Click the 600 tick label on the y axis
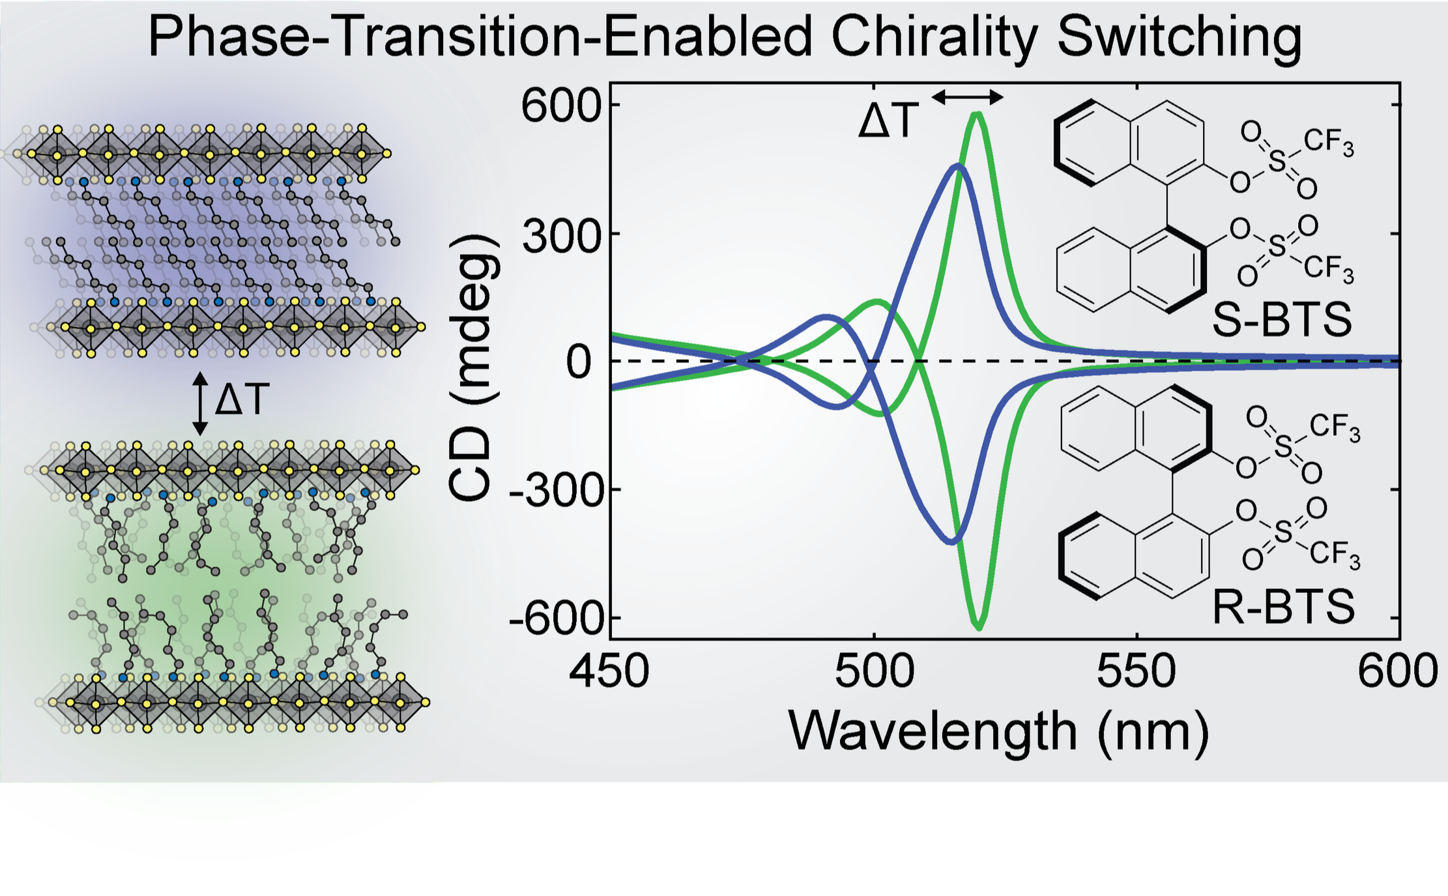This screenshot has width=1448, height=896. pyautogui.click(x=560, y=106)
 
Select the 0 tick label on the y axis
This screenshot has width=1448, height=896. pyautogui.click(x=579, y=362)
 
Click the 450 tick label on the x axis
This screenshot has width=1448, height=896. pyautogui.click(x=609, y=671)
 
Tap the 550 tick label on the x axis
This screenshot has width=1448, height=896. pyautogui.click(x=1137, y=671)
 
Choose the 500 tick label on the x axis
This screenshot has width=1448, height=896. pyautogui.click(x=874, y=671)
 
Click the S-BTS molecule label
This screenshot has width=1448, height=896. pyautogui.click(x=1281, y=320)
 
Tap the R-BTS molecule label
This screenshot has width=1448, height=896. pyautogui.click(x=1284, y=607)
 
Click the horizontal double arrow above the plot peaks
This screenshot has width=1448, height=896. pyautogui.click(x=967, y=98)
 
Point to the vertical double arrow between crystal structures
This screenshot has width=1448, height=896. pyautogui.click(x=200, y=403)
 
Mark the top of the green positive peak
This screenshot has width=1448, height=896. pyautogui.click(x=976, y=115)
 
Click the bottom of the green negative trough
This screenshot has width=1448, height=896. pyautogui.click(x=979, y=628)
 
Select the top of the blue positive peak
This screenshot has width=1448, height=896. pyautogui.click(x=957, y=166)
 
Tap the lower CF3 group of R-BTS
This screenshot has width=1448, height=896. pyautogui.click(x=1335, y=555)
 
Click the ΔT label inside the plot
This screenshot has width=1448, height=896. pyautogui.click(x=888, y=121)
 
